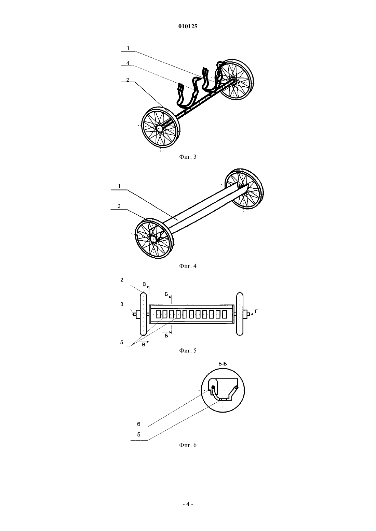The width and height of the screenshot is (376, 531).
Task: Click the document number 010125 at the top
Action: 188,26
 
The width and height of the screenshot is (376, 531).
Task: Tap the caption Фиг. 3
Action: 188,157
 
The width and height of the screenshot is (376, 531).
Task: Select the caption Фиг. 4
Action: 188,266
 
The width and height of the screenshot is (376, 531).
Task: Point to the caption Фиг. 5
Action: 188,350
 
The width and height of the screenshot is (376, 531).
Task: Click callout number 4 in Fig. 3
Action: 128,63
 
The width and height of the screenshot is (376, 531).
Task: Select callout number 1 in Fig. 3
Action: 128,48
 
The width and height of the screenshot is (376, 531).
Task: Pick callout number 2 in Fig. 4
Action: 119,206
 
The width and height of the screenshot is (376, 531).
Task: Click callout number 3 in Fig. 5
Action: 122,304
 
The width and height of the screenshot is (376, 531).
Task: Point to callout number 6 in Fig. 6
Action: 139,424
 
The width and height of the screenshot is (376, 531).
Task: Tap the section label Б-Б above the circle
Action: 223,364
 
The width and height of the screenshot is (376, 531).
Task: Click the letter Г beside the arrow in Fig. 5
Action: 256,311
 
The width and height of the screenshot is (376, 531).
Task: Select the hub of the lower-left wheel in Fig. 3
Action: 160,128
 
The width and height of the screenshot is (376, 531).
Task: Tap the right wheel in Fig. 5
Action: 240,314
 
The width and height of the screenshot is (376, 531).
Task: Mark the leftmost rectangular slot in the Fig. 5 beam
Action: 158,315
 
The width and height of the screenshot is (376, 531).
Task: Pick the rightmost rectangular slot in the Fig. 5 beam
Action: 225,315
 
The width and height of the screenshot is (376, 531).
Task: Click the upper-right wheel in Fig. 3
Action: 234,80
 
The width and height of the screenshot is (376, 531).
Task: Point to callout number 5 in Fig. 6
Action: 139,434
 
